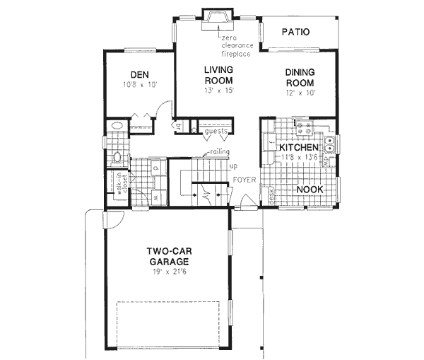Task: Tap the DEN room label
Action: [x=139, y=75]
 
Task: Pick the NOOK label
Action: [x=310, y=190]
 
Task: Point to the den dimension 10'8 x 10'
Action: [x=139, y=86]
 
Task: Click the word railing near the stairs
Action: [x=216, y=153]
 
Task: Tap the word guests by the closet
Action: [x=216, y=132]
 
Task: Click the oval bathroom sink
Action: [x=117, y=128]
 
